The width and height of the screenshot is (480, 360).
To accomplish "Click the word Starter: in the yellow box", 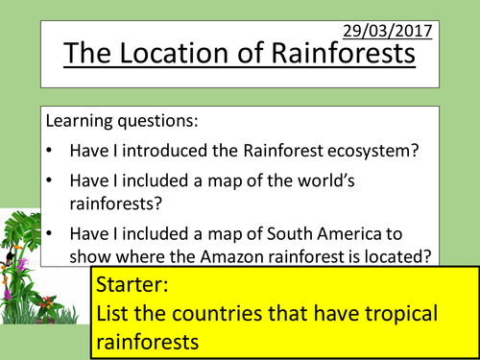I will point(133,285).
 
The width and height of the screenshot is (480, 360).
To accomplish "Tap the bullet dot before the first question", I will point(50,152).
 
